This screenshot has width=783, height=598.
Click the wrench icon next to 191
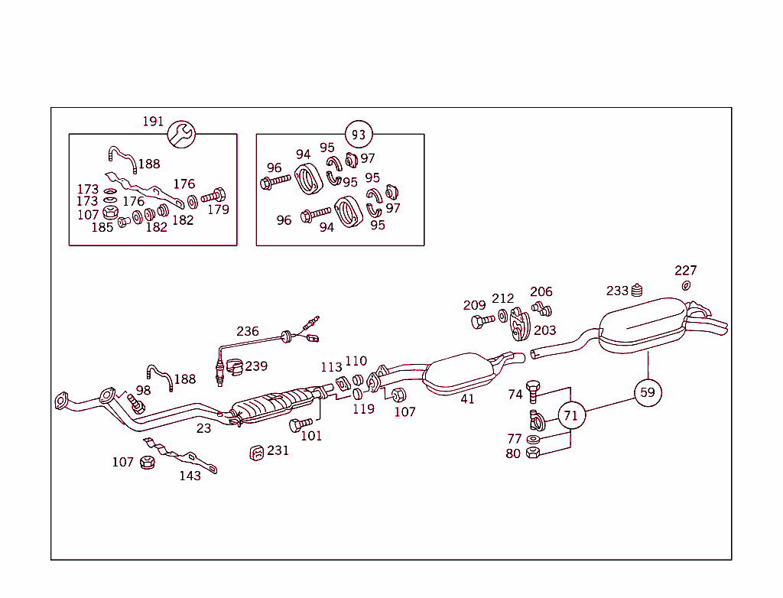pyautogui.click(x=182, y=135)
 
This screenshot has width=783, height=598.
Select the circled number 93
pyautogui.click(x=358, y=135)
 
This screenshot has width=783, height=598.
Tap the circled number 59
pyautogui.click(x=648, y=392)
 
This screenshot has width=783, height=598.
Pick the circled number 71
pyautogui.click(x=570, y=416)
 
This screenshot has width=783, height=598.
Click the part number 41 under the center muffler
pyautogui.click(x=467, y=398)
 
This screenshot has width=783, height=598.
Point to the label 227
pyautogui.click(x=686, y=271)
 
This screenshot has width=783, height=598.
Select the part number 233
pyautogui.click(x=617, y=291)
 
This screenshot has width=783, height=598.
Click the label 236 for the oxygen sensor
pyautogui.click(x=248, y=331)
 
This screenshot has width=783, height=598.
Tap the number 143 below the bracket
pyautogui.click(x=190, y=476)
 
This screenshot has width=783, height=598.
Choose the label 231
pyautogui.click(x=278, y=450)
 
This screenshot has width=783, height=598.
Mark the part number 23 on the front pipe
pyautogui.click(x=203, y=428)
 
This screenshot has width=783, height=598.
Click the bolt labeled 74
pyautogui.click(x=534, y=392)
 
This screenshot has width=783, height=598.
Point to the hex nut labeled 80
pyautogui.click(x=534, y=453)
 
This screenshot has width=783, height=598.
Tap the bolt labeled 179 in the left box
pyautogui.click(x=213, y=196)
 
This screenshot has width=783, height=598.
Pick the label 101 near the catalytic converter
pyautogui.click(x=311, y=436)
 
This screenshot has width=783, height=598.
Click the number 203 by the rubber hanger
pyautogui.click(x=545, y=330)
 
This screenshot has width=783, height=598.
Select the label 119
pyautogui.click(x=364, y=409)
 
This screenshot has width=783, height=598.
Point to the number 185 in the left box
pyautogui.click(x=102, y=227)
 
